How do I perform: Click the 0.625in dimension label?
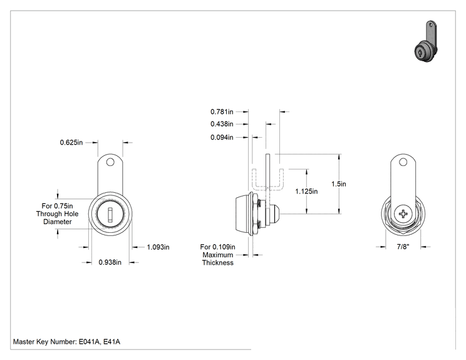(x=71, y=142)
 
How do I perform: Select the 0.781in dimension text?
(x=222, y=111)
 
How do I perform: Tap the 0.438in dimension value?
(x=222, y=124)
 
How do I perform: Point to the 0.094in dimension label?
(x=222, y=137)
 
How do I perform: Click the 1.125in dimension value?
(x=306, y=192)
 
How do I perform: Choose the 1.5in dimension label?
(x=339, y=184)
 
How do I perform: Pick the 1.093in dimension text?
(x=158, y=247)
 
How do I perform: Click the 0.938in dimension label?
(x=110, y=262)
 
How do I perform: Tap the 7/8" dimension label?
(x=403, y=247)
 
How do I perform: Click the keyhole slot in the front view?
(x=110, y=215)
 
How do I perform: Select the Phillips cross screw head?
(x=403, y=213)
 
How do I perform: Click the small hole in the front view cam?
(x=110, y=162)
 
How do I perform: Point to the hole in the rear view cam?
(x=403, y=162)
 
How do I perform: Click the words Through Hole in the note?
(x=58, y=214)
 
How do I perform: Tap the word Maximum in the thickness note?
(x=217, y=255)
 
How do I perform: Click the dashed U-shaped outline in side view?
(x=267, y=188)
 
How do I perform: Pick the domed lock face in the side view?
(x=242, y=213)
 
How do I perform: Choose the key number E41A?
(x=111, y=342)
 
